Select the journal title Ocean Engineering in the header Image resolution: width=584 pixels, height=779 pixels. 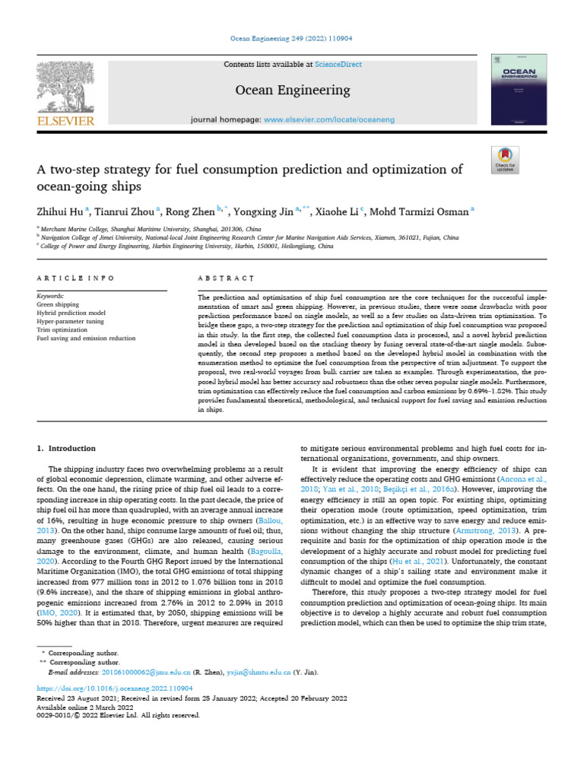pyautogui.click(x=293, y=91)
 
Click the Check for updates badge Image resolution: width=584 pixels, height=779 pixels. pyautogui.click(x=505, y=160)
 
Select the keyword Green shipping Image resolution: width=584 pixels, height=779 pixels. pyautogui.click(x=58, y=304)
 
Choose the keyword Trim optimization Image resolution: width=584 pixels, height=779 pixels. pyautogui.click(x=60, y=329)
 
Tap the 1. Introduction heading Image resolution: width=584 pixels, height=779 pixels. pyautogui.click(x=67, y=449)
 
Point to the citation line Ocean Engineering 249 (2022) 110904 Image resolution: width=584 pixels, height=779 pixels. pyautogui.click(x=292, y=38)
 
